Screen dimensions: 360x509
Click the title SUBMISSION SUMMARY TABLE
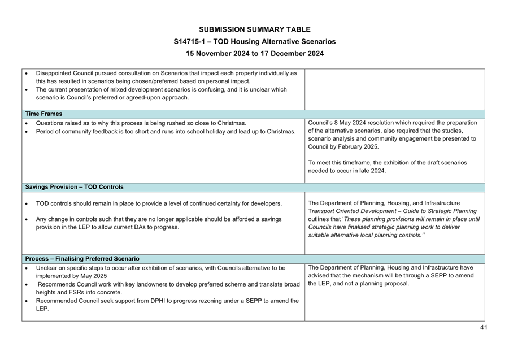click(254, 29)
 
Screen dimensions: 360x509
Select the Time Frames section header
click(43, 114)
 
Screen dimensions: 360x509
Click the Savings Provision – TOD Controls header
click(74, 187)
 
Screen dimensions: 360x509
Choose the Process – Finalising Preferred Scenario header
click(82, 259)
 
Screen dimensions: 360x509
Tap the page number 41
click(483, 327)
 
